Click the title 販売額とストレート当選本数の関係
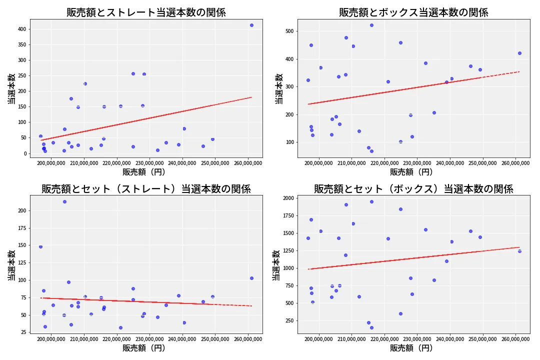tap(146, 12)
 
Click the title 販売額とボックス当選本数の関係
tap(413, 12)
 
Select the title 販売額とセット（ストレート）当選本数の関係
tap(146, 189)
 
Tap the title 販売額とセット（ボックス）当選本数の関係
tap(413, 189)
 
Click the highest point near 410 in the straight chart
tap(251, 25)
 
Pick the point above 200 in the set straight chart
tap(64, 201)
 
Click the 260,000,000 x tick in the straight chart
tap(248, 162)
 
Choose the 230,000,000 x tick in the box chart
tap(417, 162)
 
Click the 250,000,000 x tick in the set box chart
tap(482, 339)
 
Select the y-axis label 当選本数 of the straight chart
tap(11, 89)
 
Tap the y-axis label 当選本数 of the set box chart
tap(276, 265)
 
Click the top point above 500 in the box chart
tap(371, 25)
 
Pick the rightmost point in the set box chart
tap(519, 251)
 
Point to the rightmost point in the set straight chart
tap(251, 278)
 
